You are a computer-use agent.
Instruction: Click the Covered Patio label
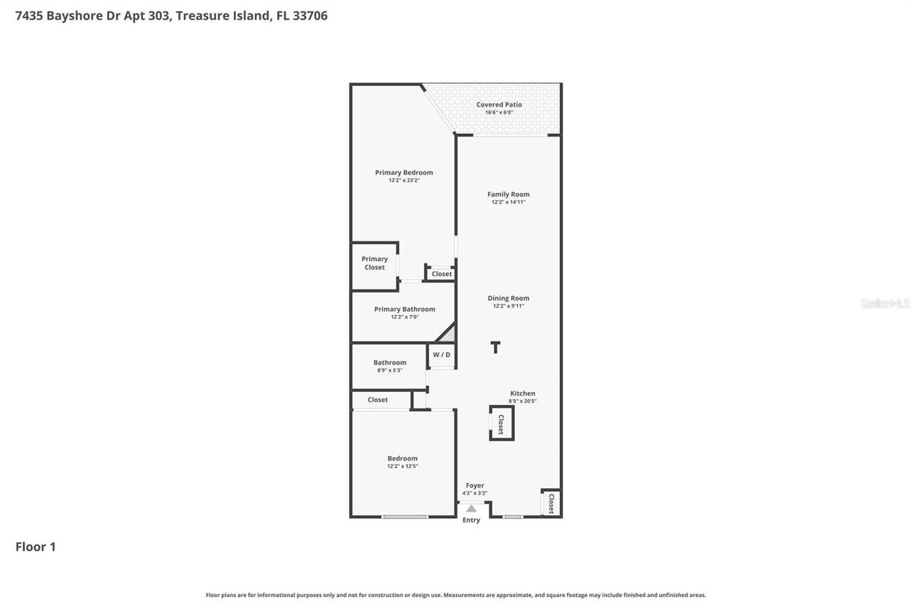tap(499, 105)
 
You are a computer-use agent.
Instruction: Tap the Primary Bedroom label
tap(404, 172)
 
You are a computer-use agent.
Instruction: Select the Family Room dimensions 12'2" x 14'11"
tap(509, 202)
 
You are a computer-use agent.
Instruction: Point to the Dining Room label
tap(508, 298)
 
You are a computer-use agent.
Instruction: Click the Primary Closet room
tap(375, 265)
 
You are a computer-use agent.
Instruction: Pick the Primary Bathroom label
tap(405, 309)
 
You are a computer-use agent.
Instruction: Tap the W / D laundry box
tap(442, 355)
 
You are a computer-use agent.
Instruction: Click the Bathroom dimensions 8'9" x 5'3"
tap(390, 370)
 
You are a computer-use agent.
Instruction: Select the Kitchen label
tap(522, 394)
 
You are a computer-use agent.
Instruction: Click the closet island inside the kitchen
tap(501, 423)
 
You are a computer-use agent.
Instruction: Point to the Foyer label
tap(475, 485)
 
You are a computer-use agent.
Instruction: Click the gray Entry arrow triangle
tap(471, 508)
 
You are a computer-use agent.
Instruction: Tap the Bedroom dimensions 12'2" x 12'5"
tap(403, 466)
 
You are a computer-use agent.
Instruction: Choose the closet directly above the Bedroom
tap(378, 400)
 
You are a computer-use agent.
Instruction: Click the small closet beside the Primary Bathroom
tap(441, 274)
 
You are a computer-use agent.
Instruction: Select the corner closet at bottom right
tap(551, 504)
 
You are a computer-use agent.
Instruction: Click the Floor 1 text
tap(36, 547)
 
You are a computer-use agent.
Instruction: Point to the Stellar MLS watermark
tap(885, 304)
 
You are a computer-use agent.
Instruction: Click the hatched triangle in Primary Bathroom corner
tap(447, 333)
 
